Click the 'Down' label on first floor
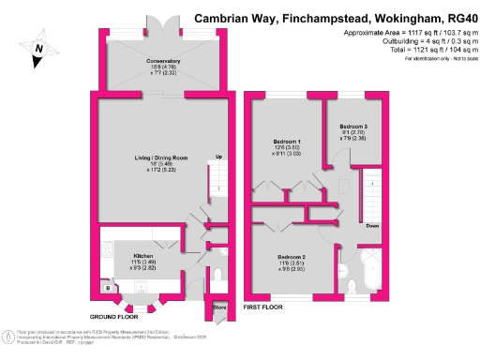[x=372, y=226]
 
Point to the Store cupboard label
[x=220, y=306]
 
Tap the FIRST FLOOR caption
[x=262, y=307]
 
